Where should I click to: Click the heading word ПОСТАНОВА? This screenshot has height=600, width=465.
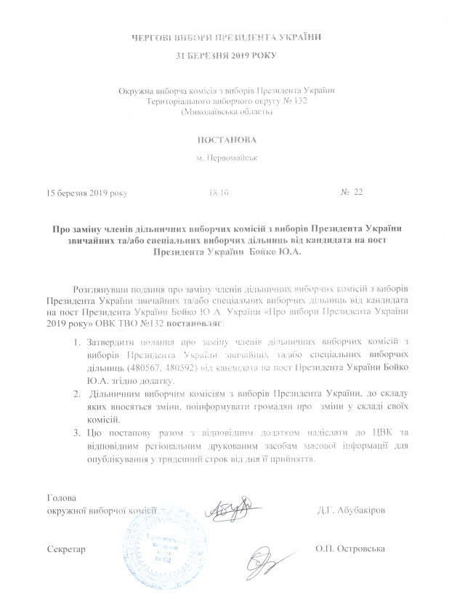pyautogui.click(x=231, y=138)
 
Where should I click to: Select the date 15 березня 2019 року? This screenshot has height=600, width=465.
pyautogui.click(x=86, y=193)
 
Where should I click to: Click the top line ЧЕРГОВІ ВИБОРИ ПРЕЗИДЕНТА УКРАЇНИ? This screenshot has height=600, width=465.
pyautogui.click(x=230, y=36)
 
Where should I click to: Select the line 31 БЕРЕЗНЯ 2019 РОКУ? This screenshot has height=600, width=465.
pyautogui.click(x=230, y=55)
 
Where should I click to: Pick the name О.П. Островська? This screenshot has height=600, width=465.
pyautogui.click(x=352, y=547)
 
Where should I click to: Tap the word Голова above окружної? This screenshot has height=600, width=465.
pyautogui.click(x=61, y=498)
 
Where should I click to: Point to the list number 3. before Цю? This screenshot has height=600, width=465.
pyautogui.click(x=78, y=433)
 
